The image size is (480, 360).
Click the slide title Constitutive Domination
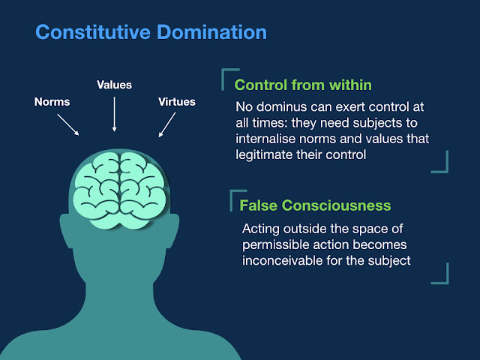(x=151, y=33)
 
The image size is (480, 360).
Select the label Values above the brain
(x=114, y=85)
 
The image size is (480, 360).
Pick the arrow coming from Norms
(x=70, y=125)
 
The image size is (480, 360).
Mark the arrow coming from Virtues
(x=167, y=125)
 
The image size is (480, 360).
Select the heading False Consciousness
(x=315, y=205)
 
